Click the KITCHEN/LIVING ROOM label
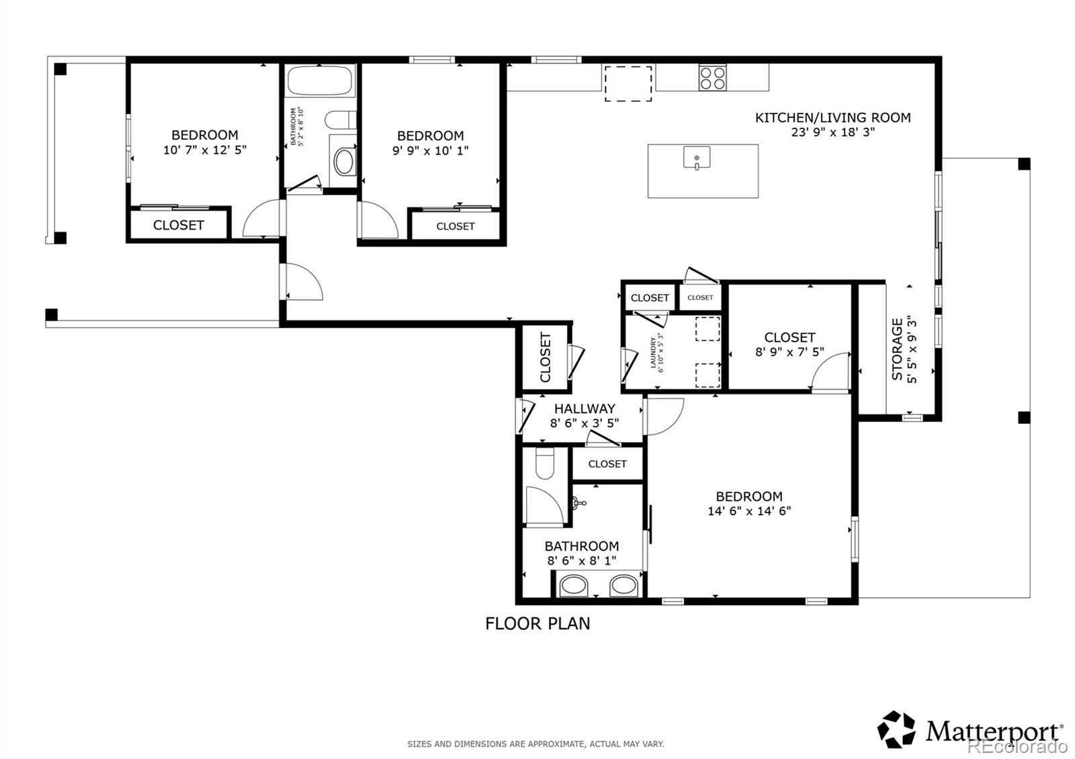[x=832, y=118]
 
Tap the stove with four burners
[x=712, y=77]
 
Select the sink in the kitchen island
[x=697, y=159]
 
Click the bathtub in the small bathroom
[x=320, y=81]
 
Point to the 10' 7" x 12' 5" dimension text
[x=205, y=150]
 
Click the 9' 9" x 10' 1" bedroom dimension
[x=430, y=150]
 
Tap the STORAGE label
[x=898, y=349]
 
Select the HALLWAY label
[x=584, y=408]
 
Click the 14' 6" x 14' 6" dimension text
[x=749, y=511]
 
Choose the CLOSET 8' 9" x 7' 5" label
[x=789, y=337]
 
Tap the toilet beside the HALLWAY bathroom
[x=544, y=463]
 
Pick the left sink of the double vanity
[x=574, y=586]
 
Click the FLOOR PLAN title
[x=537, y=623]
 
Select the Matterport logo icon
[x=897, y=729]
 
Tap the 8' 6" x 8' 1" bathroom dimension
[x=582, y=561]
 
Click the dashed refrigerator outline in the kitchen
[x=628, y=83]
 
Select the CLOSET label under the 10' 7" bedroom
[x=178, y=225]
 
